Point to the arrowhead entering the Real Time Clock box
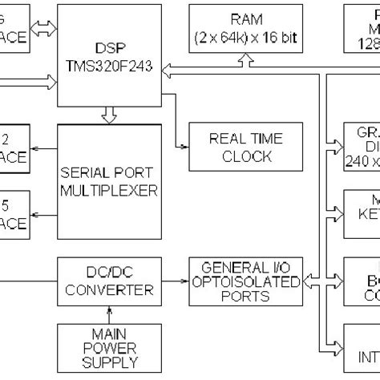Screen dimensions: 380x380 [184, 147]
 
